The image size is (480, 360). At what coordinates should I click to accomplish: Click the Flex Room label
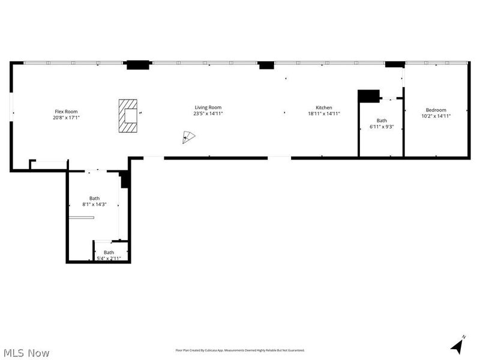coord(66,112)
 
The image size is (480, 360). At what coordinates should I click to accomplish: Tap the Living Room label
coord(208,108)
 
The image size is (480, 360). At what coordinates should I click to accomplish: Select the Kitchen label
coord(324,108)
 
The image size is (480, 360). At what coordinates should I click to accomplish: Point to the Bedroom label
coord(436,110)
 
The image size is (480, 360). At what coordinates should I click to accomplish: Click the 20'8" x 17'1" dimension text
coord(66,118)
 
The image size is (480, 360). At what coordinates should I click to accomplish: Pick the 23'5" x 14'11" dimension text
coord(208,114)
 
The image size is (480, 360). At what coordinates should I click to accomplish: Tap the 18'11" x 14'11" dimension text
coord(324,114)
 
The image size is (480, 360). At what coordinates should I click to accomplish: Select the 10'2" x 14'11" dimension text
coord(436,116)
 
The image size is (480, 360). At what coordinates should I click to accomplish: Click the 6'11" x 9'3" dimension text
coord(382,127)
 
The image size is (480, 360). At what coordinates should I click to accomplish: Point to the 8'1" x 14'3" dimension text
coord(94,205)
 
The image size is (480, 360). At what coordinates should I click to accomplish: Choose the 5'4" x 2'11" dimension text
coord(109,259)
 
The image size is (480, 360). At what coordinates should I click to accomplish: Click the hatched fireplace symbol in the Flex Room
coord(128,115)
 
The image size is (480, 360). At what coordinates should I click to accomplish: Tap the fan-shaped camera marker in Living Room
coord(188,137)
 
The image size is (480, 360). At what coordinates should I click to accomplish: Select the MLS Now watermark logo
coord(26,353)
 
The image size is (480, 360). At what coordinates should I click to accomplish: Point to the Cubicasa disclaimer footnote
coord(239,350)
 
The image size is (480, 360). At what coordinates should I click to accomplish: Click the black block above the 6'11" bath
coord(368,95)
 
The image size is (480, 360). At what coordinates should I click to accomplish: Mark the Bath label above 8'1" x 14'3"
coord(94,199)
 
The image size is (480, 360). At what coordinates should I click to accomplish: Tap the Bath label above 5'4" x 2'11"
coord(109,253)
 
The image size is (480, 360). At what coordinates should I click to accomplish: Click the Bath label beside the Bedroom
coord(382,121)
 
